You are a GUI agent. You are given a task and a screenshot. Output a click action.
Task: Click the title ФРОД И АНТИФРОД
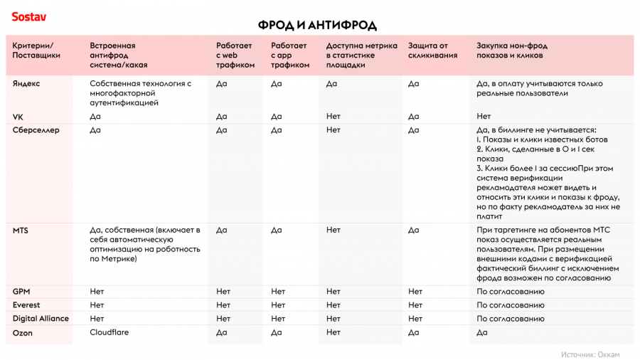pos(317,26)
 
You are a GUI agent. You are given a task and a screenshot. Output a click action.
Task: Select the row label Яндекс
pos(26,83)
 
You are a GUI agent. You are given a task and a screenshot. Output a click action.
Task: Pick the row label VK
pos(18,116)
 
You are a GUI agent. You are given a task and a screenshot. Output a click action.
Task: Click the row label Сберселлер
pos(36,130)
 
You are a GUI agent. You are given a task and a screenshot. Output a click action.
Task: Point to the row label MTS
pos(21,231)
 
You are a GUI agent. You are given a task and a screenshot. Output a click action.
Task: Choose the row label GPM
pos(21,292)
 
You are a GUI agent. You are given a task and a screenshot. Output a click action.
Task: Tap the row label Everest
pos(26,305)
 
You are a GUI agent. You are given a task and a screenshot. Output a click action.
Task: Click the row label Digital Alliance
pos(41,319)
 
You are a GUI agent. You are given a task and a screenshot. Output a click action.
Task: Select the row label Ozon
pos(23,332)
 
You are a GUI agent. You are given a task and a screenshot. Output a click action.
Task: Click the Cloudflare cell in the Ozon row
pos(110,332)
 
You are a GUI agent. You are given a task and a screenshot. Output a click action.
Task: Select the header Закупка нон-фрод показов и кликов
pos(512,51)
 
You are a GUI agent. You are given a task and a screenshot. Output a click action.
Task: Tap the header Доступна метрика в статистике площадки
pos(361,55)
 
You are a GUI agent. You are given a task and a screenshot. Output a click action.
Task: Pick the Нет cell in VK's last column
pos(484,116)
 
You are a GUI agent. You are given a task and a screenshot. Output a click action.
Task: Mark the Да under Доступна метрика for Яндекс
pos(331,83)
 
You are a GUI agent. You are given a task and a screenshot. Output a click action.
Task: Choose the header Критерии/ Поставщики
pos(36,51)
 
